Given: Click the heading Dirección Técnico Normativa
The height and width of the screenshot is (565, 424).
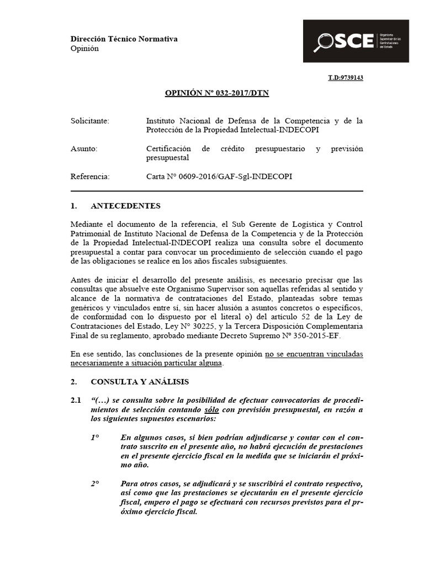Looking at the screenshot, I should [124, 39].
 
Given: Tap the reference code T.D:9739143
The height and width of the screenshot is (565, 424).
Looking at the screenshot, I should [346, 78].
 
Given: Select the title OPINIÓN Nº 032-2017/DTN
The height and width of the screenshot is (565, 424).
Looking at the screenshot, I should [217, 93].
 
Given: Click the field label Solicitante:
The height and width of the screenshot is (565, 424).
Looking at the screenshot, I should [90, 120].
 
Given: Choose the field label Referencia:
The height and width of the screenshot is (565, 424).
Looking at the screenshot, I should [91, 177].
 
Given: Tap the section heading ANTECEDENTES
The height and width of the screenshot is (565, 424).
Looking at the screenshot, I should [125, 206].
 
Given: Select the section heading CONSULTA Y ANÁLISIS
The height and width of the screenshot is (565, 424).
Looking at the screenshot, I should [140, 381].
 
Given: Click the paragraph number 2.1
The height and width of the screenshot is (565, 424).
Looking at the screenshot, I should [76, 399].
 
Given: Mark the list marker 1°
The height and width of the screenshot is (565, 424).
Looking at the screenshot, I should [95, 437].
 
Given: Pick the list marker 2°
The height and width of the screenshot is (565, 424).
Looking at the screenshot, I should [95, 483].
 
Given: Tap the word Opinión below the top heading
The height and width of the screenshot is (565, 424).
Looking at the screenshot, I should [84, 49].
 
